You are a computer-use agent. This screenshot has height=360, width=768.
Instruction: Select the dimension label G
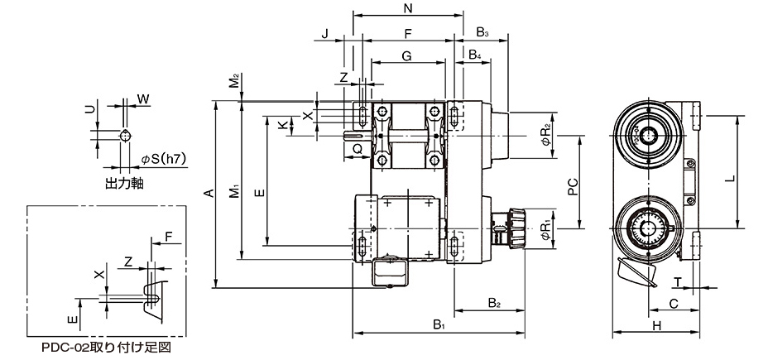[x=406, y=55]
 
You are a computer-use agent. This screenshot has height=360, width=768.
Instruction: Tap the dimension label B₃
[x=483, y=33]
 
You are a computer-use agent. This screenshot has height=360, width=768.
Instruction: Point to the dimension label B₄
[x=474, y=55]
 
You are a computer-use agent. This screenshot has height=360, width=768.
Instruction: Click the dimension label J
[x=324, y=34]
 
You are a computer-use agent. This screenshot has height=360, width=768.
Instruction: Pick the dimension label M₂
[x=235, y=81]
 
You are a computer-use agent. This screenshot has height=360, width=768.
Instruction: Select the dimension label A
[x=209, y=193]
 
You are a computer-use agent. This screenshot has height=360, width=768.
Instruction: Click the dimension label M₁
[x=235, y=191]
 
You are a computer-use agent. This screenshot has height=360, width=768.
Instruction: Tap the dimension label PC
[x=573, y=186]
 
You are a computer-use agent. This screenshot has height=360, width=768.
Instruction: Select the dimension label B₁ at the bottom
[x=439, y=324]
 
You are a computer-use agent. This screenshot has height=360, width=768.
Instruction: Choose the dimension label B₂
[x=494, y=303]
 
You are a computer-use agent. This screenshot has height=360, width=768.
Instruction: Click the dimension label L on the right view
[x=729, y=180]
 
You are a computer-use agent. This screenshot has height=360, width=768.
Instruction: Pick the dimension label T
[x=678, y=281]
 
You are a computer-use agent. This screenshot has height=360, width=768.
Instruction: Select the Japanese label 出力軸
[x=124, y=184]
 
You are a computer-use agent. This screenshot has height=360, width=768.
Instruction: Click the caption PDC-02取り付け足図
[x=106, y=348]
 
